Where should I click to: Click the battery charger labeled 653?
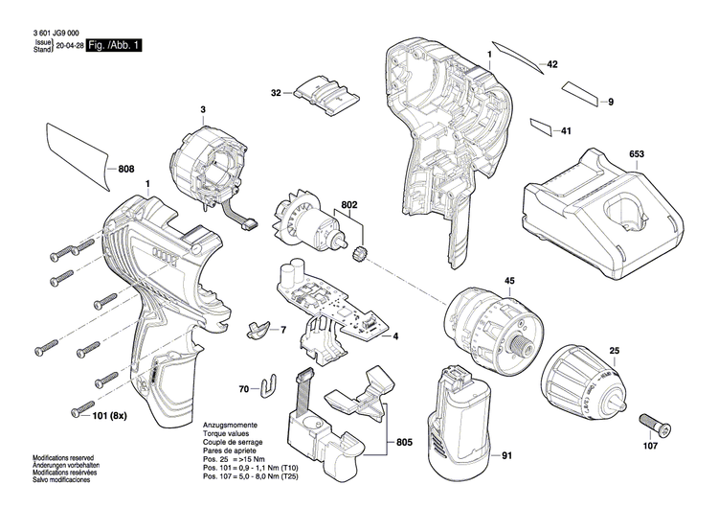point(594,214)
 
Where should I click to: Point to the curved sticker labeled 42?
point(516,58)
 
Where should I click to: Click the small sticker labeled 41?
point(541,126)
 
